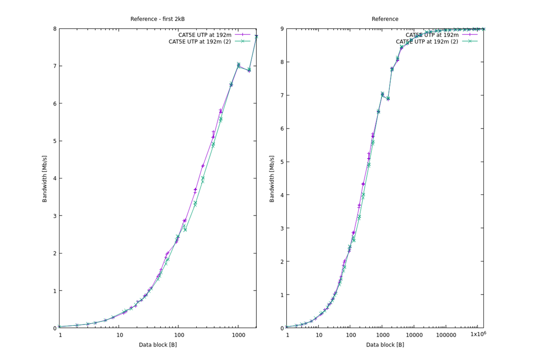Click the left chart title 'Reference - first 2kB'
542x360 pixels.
(157, 19)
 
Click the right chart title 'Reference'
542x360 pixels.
(385, 19)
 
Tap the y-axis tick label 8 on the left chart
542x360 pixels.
(54, 28)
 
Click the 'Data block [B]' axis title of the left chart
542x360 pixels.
(157, 344)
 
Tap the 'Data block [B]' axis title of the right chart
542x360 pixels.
(385, 344)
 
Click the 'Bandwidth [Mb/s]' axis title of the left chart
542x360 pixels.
(45, 178)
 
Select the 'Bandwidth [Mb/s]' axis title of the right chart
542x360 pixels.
(272, 178)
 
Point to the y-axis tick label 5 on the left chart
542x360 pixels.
(54, 141)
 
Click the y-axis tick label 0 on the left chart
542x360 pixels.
(54, 328)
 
